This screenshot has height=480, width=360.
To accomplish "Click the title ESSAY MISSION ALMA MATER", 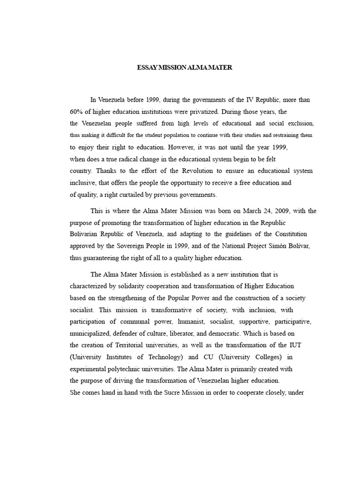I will [x=184, y=67].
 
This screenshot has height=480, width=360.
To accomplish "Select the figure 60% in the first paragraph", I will [x=76, y=112].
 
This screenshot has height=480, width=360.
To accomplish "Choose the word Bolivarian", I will [x=86, y=234].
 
